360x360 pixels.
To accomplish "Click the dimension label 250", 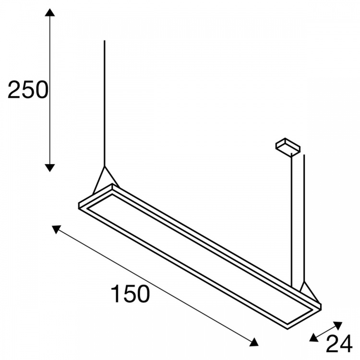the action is [x=28, y=90].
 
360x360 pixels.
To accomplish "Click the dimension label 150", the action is [x=131, y=293].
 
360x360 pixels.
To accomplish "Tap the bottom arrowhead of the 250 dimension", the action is [x=49, y=168].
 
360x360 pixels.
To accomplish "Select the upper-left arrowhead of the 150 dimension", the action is [x=56, y=229].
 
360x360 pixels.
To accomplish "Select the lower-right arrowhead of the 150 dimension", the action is [x=254, y=342].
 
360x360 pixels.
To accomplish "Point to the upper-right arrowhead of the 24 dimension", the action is [x=338, y=325].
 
